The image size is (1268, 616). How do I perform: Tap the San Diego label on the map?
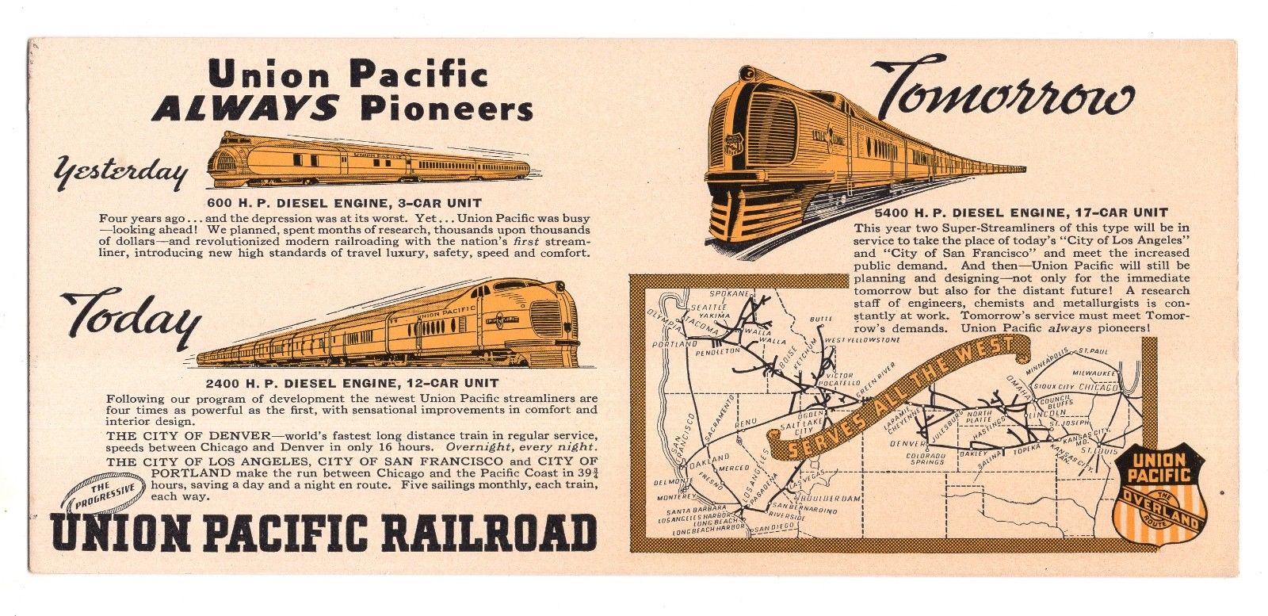(774, 527)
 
